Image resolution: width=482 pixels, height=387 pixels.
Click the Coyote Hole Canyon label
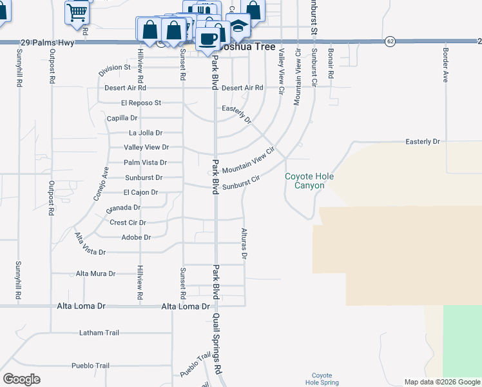[305, 181]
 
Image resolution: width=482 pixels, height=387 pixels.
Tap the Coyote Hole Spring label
[322, 379]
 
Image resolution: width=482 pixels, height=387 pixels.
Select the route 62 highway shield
[390, 41]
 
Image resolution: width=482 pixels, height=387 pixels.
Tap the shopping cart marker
[77, 11]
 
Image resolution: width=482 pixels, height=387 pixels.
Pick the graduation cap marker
[238, 26]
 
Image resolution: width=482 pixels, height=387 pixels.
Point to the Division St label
[115, 67]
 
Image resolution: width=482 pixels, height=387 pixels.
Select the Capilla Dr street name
[122, 118]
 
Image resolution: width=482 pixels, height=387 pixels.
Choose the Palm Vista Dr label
[145, 163]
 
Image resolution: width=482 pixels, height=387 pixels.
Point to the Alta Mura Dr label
[95, 273]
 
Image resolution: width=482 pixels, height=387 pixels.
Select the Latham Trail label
[99, 333]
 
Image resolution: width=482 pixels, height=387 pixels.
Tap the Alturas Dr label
[244, 243]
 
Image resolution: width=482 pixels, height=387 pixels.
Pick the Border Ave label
[445, 65]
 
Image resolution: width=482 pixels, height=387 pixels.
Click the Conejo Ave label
[101, 184]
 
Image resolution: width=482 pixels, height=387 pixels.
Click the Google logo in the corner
[21, 379]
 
